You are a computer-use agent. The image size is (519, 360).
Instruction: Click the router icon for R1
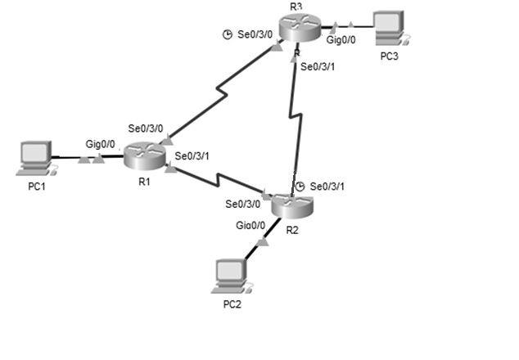point(145,155)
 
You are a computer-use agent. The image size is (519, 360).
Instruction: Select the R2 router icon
point(292,205)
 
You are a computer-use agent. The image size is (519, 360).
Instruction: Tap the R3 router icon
point(298,28)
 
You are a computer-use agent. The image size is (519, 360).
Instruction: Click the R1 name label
point(144,181)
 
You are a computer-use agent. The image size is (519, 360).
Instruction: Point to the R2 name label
point(292,230)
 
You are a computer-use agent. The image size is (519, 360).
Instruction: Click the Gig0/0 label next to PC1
point(101,143)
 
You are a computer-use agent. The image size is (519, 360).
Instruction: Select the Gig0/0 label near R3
point(342,39)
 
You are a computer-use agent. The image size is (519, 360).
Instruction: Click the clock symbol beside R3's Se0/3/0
point(228,34)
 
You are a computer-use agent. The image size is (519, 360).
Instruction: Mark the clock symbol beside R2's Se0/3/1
point(300,187)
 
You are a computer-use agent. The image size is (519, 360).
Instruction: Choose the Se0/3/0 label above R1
point(146,128)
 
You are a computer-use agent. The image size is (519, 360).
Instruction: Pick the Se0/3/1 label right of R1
point(192,155)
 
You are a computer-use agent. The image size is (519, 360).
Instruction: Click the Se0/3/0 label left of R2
point(243,204)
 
